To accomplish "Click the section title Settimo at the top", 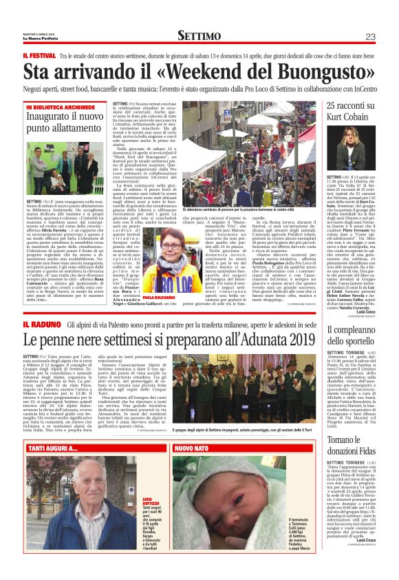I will click(199, 36).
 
